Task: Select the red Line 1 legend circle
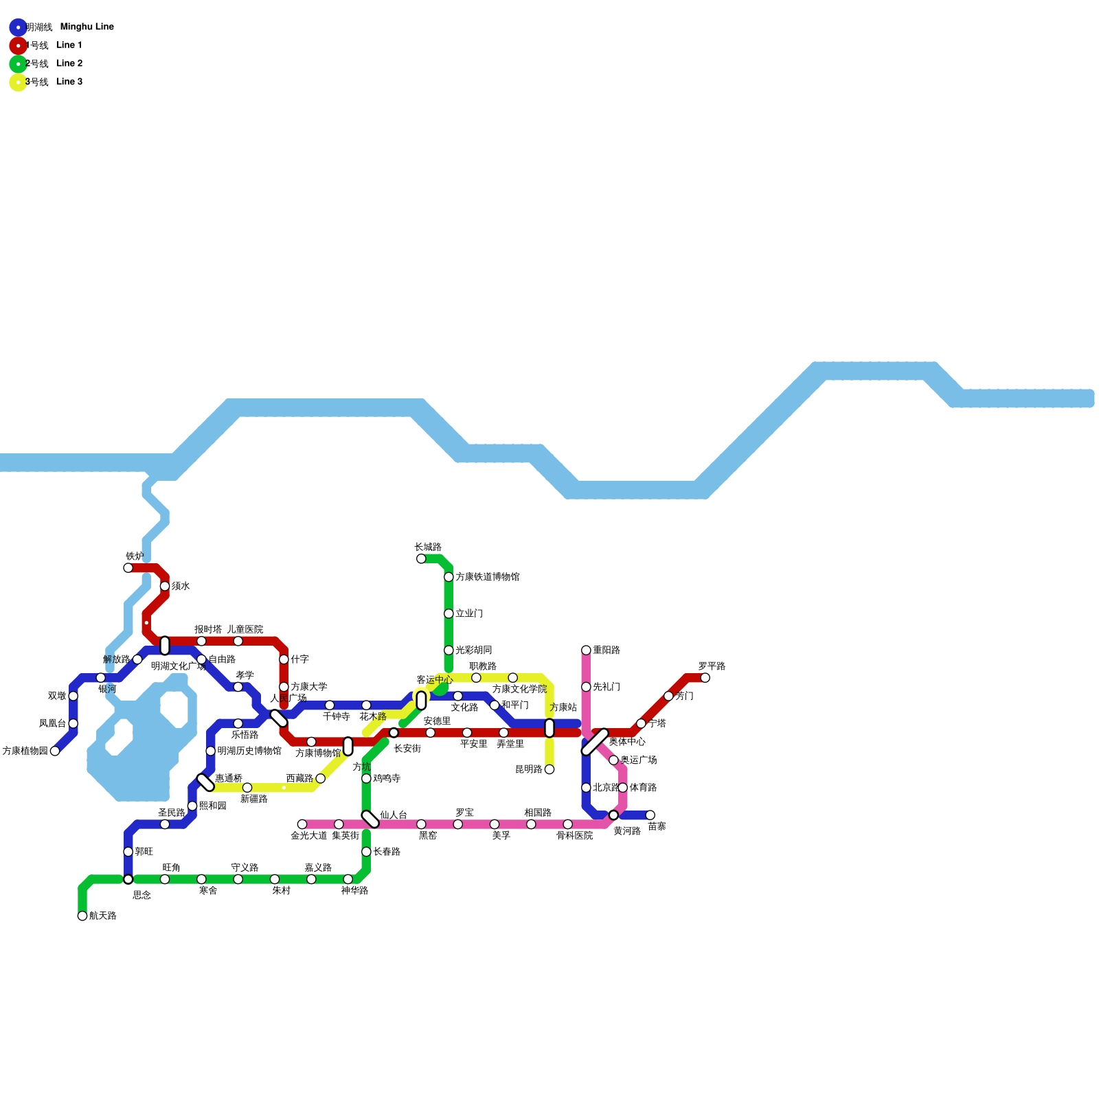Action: pyautogui.click(x=19, y=45)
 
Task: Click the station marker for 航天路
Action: pyautogui.click(x=82, y=916)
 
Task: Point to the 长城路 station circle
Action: pyautogui.click(x=421, y=558)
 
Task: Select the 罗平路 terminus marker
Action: pyautogui.click(x=705, y=678)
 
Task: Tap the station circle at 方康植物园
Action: pyautogui.click(x=55, y=751)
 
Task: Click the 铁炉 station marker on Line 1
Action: pyautogui.click(x=128, y=567)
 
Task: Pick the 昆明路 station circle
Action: pyautogui.click(x=549, y=769)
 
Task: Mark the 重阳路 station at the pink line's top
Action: pyautogui.click(x=586, y=650)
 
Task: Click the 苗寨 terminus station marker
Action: pyautogui.click(x=650, y=815)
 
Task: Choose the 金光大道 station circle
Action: pyautogui.click(x=302, y=824)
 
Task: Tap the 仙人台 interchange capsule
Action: pyautogui.click(x=370, y=819)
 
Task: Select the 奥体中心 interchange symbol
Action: pyautogui.click(x=595, y=742)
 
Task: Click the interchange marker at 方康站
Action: pyautogui.click(x=549, y=728)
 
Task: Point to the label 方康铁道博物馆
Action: pyautogui.click(x=487, y=577)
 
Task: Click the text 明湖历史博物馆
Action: pyautogui.click(x=249, y=751)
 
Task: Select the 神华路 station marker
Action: pyautogui.click(x=348, y=879)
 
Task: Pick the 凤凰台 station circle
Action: pyautogui.click(x=73, y=723)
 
